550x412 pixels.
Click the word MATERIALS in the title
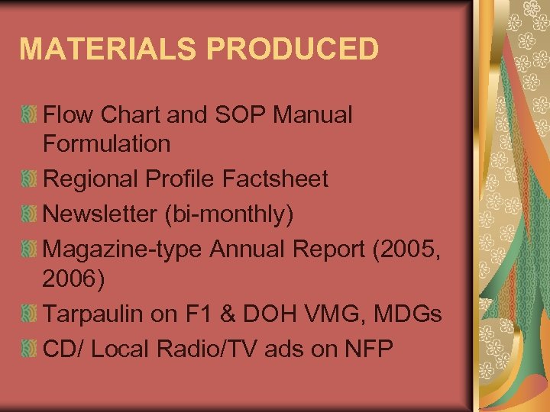[x=99, y=48]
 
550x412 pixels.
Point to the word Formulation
[x=107, y=143]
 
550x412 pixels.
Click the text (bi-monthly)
[x=228, y=215]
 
